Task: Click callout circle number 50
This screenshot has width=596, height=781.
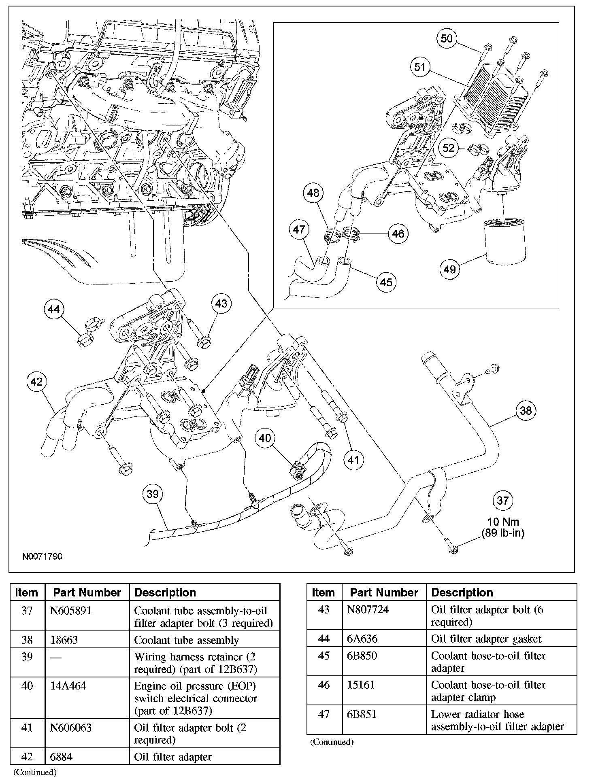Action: (447, 39)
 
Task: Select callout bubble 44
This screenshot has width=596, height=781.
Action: (54, 310)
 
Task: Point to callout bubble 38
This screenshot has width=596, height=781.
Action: (526, 411)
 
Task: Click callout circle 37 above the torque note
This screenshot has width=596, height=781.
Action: (502, 501)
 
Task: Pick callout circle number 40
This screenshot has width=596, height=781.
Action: (265, 438)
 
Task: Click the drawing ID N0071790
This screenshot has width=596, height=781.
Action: (42, 557)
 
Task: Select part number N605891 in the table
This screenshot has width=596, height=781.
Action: (71, 611)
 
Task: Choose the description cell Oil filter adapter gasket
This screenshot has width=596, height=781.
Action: (486, 639)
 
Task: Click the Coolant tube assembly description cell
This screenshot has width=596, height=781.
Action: (187, 640)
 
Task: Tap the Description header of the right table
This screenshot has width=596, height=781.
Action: (462, 592)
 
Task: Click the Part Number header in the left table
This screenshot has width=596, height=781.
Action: (87, 592)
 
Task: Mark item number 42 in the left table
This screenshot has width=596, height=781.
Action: (27, 757)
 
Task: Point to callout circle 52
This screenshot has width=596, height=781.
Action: (448, 148)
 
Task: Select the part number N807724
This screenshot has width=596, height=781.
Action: (368, 609)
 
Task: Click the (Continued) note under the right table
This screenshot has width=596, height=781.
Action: (332, 742)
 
